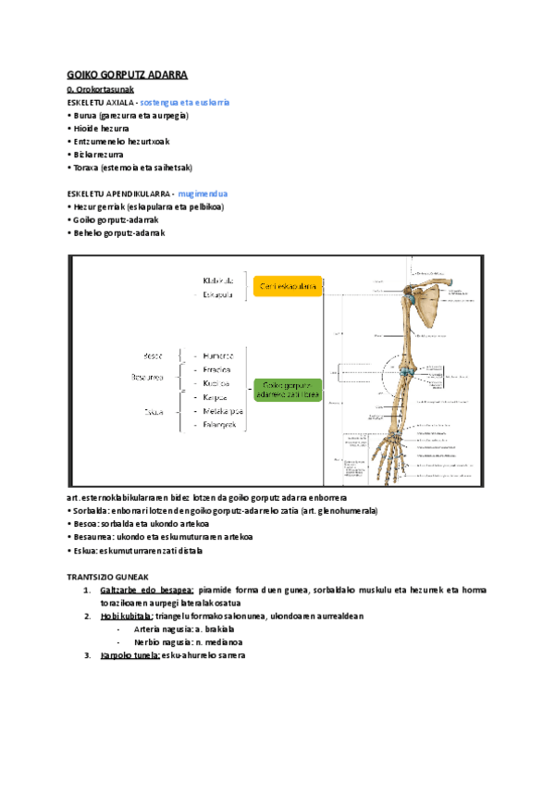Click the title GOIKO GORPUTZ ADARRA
click(128, 74)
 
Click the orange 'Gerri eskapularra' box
click(289, 287)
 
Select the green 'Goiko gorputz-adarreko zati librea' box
click(290, 390)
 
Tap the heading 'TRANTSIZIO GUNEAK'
click(107, 576)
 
